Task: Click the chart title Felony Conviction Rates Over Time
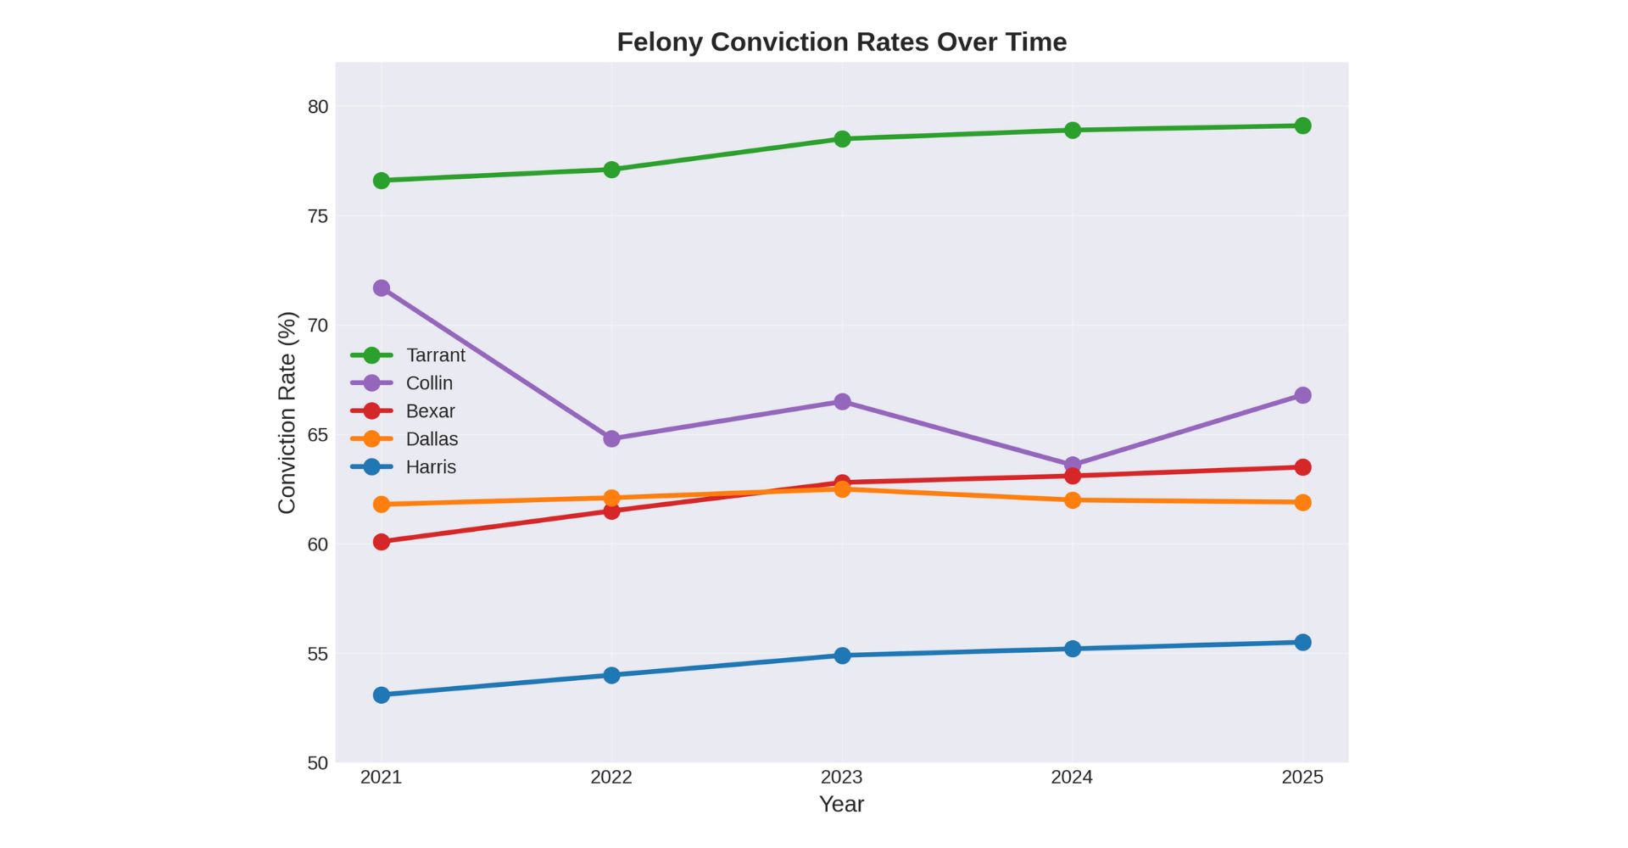click(841, 42)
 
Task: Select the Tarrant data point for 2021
click(382, 181)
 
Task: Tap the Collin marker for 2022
click(611, 438)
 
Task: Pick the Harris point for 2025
click(1302, 642)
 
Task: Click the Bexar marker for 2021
click(382, 542)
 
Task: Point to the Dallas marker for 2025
click(1302, 502)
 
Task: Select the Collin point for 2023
click(842, 401)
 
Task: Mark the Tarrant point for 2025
click(1302, 126)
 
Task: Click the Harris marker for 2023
click(842, 656)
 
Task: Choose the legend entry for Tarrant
click(435, 355)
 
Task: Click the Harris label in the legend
click(431, 467)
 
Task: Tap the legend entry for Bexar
click(430, 411)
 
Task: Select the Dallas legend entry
click(432, 439)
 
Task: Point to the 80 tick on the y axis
click(317, 107)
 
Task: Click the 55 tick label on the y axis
click(317, 654)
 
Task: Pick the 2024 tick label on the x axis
click(1072, 777)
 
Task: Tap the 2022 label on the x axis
click(611, 777)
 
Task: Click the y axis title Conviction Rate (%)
click(287, 412)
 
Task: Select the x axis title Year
click(841, 804)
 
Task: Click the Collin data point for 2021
click(382, 288)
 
